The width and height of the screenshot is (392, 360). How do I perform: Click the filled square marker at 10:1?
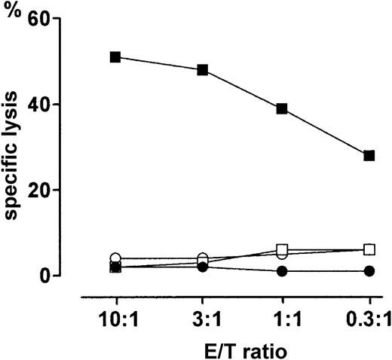(x=115, y=57)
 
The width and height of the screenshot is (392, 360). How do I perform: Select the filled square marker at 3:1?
(x=203, y=70)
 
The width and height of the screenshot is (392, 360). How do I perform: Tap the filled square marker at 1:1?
(x=282, y=108)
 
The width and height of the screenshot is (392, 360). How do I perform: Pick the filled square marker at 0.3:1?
(x=369, y=156)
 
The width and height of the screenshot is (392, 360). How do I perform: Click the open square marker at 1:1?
(x=282, y=249)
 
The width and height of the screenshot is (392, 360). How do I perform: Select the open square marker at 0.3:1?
(x=369, y=249)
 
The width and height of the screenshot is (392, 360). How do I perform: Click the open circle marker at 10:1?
(x=115, y=258)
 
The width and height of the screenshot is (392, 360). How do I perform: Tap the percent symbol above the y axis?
(x=11, y=15)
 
